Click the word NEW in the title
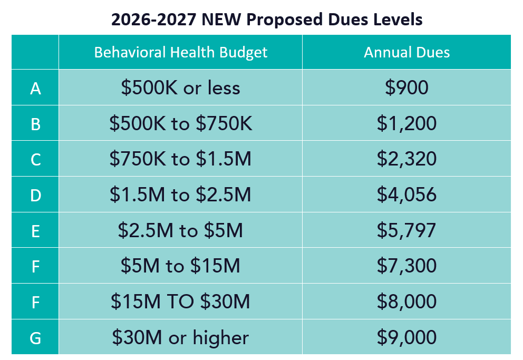220,20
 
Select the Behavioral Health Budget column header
180,52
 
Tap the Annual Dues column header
406,52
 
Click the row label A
35,88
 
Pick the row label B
35,124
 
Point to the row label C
35,159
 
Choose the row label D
35,195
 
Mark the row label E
35,230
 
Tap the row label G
35,337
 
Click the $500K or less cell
180,88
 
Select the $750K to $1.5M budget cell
180,159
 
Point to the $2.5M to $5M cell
180,230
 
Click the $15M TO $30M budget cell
180,301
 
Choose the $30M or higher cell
180,337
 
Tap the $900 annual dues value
406,88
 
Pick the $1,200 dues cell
406,124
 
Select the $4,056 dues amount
406,195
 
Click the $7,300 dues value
406,266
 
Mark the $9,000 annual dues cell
406,337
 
